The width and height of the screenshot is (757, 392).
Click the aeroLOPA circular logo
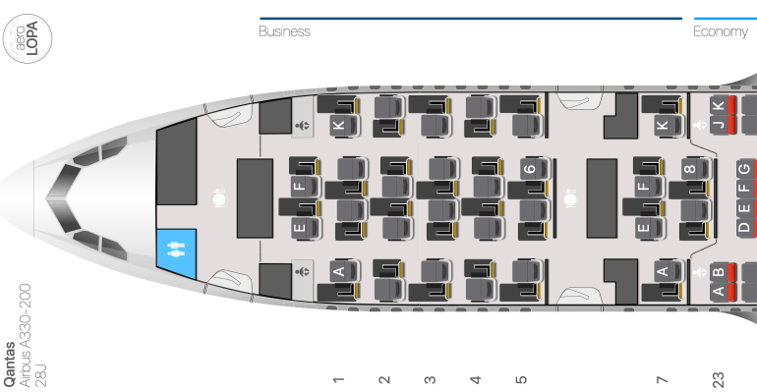click(28, 38)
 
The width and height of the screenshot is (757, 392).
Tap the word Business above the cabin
click(284, 31)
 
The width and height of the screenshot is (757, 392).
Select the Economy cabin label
click(721, 31)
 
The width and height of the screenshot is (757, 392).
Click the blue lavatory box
click(176, 254)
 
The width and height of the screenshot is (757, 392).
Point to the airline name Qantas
click(10, 364)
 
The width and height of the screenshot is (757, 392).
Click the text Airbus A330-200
click(25, 336)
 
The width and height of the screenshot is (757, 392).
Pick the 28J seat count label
click(41, 376)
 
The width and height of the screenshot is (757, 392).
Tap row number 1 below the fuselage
click(338, 380)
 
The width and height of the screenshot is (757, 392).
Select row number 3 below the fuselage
click(430, 380)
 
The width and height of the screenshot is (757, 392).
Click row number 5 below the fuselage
click(521, 380)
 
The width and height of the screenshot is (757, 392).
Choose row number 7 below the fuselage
click(662, 380)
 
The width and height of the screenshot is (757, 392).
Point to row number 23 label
click(718, 380)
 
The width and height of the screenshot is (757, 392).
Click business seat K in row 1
click(344, 126)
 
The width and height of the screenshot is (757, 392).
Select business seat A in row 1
click(345, 271)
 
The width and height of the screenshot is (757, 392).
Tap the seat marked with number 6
click(535, 169)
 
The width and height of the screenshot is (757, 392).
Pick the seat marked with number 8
click(695, 169)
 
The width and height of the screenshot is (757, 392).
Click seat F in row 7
click(649, 186)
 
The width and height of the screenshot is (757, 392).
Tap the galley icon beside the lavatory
click(219, 198)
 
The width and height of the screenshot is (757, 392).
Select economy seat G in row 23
click(746, 169)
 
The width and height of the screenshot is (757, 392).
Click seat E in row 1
click(305, 228)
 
